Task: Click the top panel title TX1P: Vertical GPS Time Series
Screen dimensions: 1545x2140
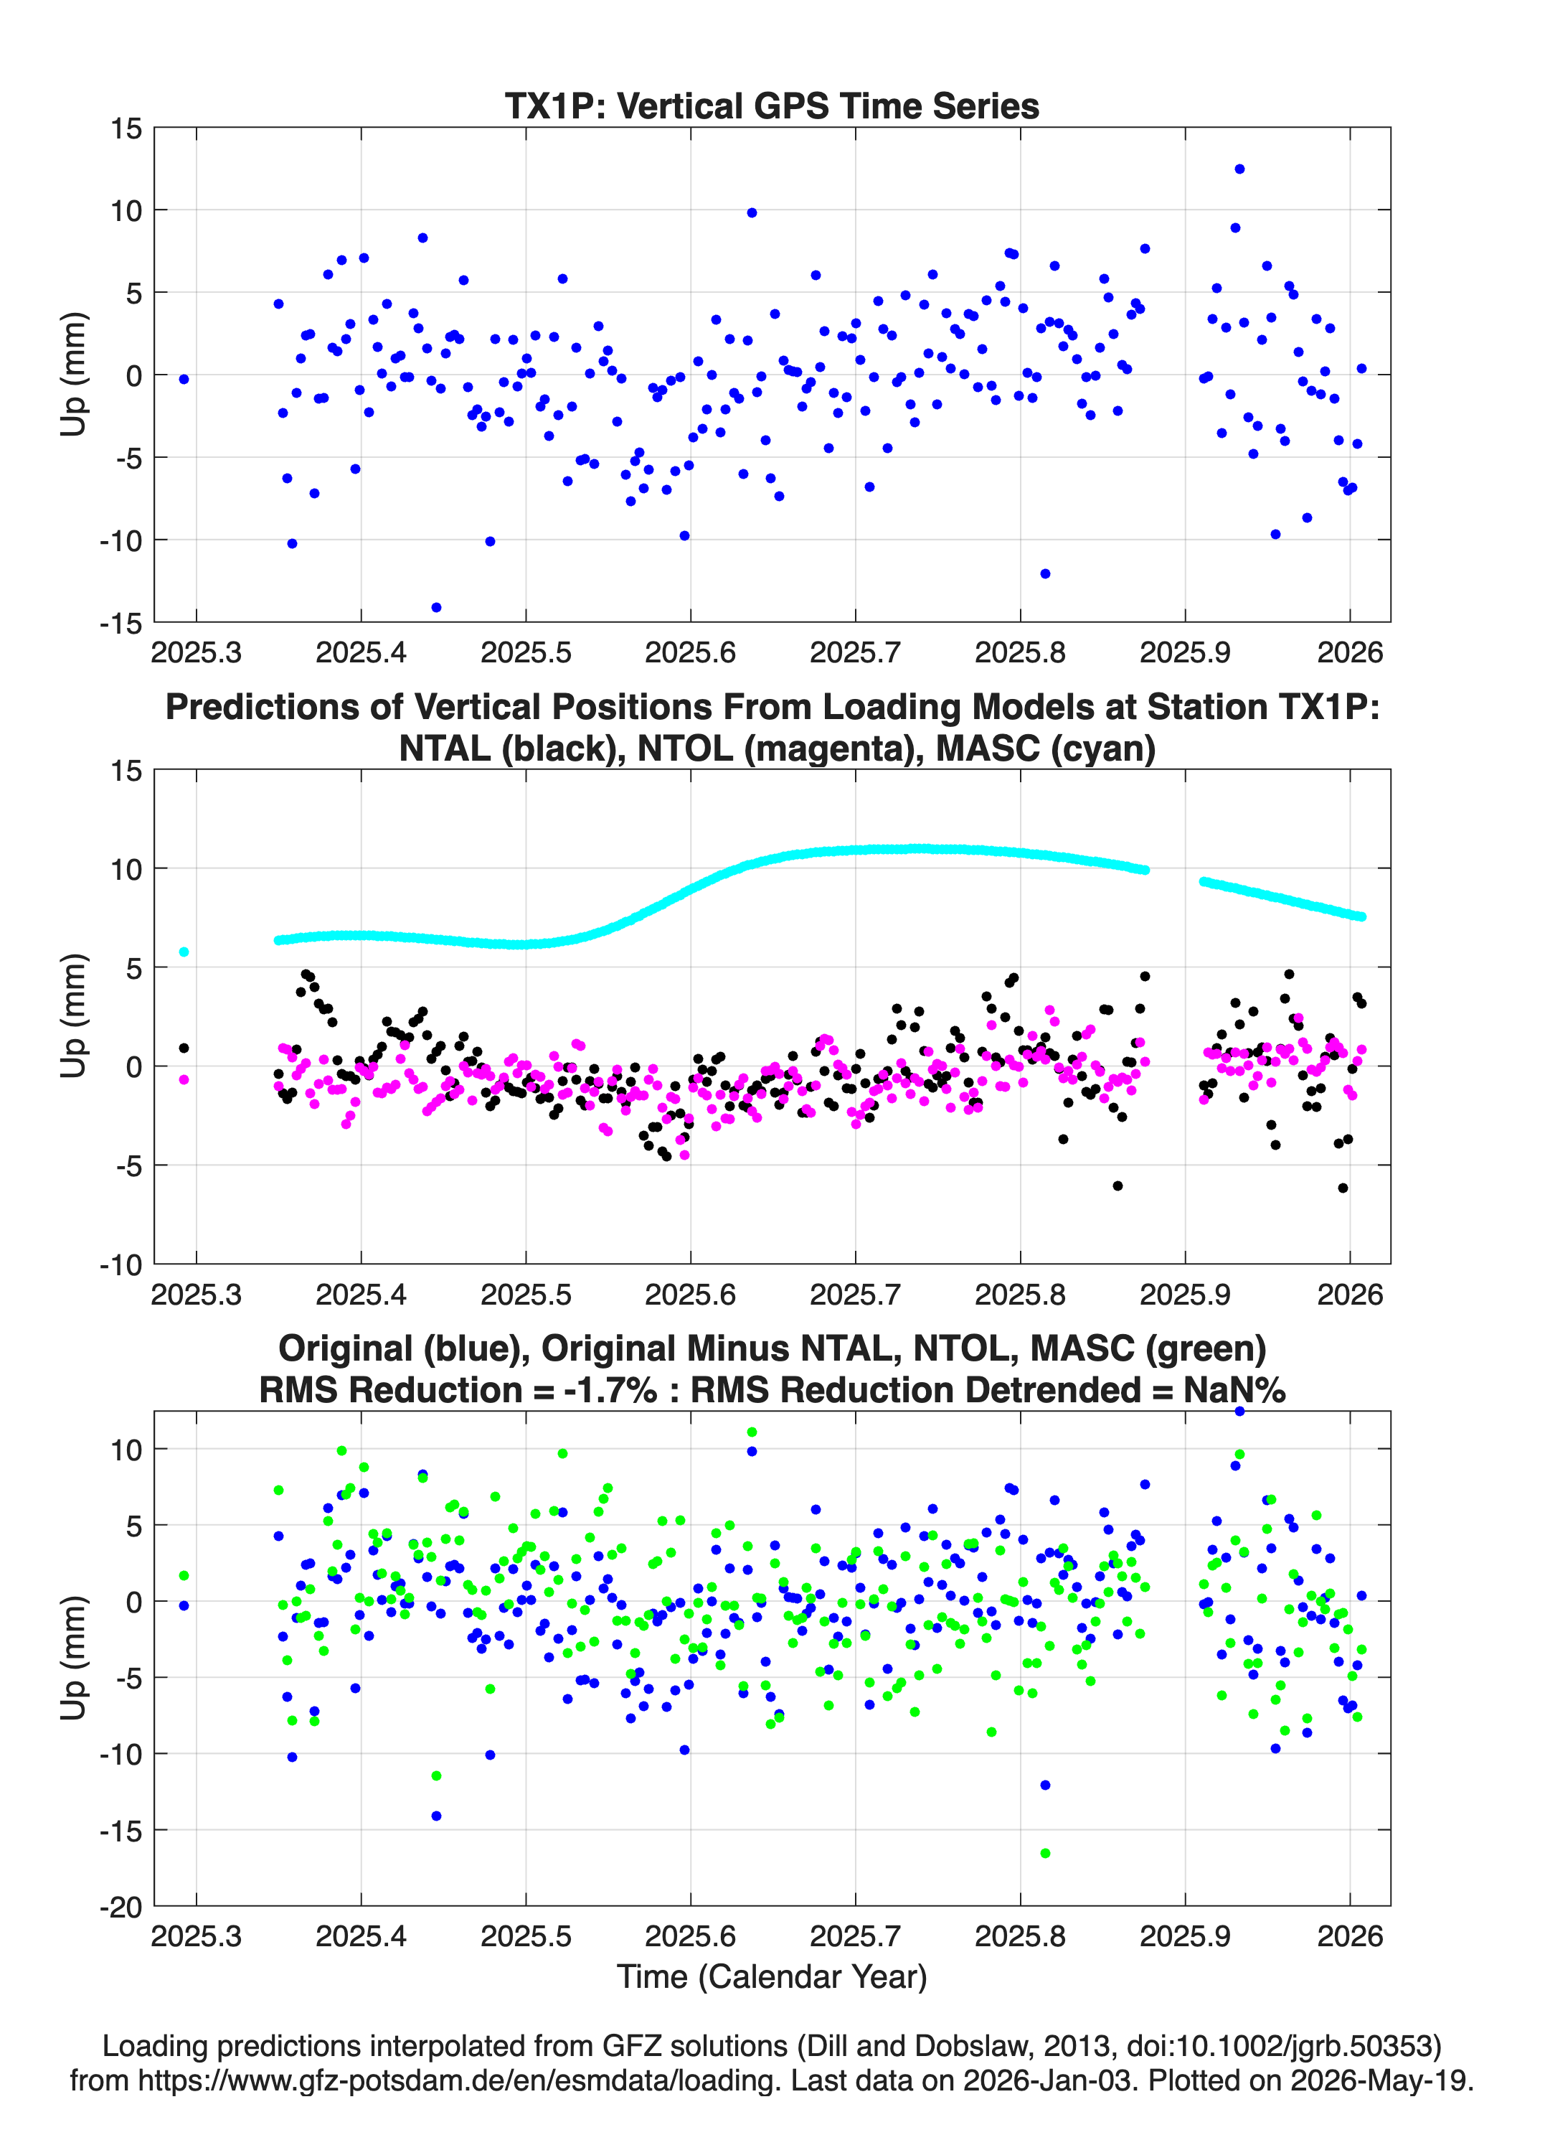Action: (772, 105)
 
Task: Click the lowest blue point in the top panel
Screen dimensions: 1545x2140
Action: (436, 606)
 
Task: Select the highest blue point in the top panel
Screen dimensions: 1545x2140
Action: (1239, 169)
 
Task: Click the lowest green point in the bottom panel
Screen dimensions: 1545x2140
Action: (1045, 1853)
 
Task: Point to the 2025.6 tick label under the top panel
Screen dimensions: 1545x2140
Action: (691, 652)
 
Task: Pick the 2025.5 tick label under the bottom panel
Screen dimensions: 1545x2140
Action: (525, 1936)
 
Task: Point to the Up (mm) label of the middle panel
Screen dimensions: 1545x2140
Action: (74, 1016)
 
